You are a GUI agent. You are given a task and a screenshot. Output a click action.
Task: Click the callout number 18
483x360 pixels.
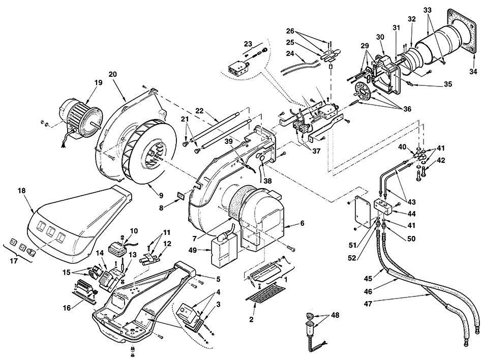click(x=21, y=191)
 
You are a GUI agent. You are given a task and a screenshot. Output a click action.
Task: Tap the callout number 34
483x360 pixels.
click(x=473, y=72)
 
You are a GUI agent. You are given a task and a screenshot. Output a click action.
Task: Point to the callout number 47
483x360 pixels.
click(x=369, y=304)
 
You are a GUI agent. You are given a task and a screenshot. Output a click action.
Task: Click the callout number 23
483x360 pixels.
click(x=248, y=44)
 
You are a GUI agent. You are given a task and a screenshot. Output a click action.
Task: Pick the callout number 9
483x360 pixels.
click(x=161, y=195)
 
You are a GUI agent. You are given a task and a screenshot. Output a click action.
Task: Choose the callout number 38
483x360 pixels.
click(x=267, y=182)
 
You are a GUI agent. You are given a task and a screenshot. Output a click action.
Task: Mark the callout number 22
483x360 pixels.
click(x=200, y=110)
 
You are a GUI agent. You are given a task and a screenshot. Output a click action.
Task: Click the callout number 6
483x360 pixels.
click(x=302, y=223)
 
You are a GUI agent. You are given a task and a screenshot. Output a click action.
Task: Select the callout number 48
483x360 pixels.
click(x=335, y=315)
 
